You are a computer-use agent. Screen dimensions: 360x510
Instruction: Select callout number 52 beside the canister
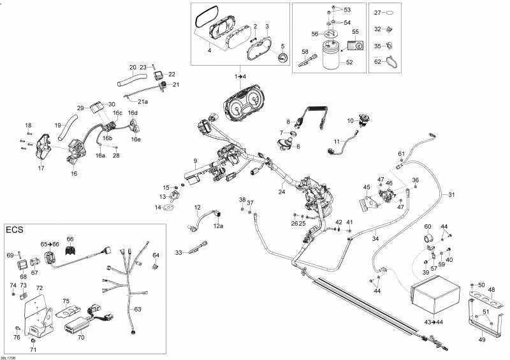(x=349, y=62)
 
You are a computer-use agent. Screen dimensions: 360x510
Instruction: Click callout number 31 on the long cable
(x=451, y=194)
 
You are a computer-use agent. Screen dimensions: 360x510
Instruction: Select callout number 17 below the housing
(x=41, y=169)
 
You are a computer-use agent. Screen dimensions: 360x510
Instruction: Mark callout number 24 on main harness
(x=281, y=191)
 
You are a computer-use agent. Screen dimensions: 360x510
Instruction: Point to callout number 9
(x=195, y=159)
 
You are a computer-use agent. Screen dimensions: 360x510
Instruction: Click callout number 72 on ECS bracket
(x=39, y=289)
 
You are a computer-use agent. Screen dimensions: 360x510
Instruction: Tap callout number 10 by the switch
(x=349, y=120)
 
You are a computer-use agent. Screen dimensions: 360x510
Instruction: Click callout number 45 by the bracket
(x=367, y=187)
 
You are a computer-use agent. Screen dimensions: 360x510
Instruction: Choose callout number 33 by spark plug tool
(x=179, y=253)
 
